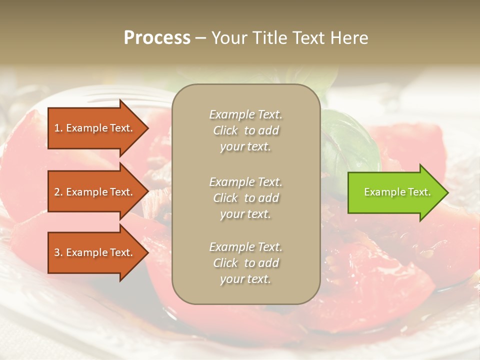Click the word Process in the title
pos(157,38)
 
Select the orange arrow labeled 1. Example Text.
pos(95,128)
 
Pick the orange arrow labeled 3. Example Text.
pos(95,253)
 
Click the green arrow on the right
pos(395,192)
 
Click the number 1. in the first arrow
pos(58,128)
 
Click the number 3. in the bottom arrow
pos(58,253)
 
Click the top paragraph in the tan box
pos(245,130)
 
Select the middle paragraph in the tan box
pos(245,198)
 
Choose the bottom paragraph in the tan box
pos(245,263)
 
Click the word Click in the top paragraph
pos(225,131)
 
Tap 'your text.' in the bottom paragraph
pos(245,279)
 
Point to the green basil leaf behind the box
pos(350,145)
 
